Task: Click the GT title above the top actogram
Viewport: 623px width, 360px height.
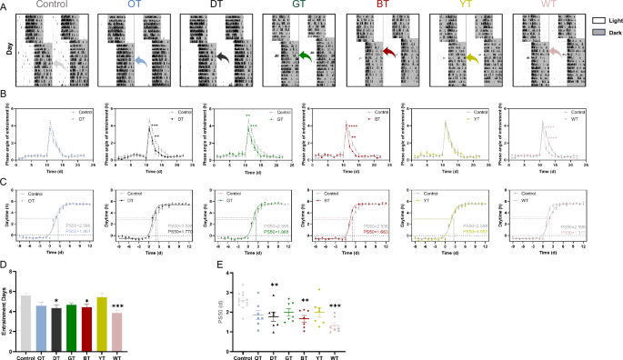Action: coord(298,5)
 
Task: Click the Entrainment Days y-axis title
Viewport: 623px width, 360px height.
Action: coord(5,315)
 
